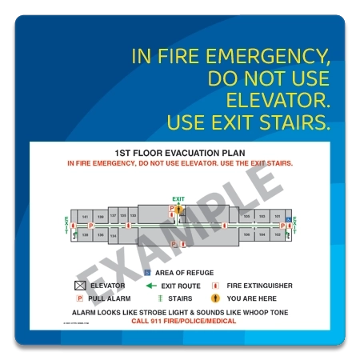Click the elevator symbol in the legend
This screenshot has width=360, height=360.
point(80,286)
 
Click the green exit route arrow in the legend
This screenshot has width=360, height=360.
point(151,286)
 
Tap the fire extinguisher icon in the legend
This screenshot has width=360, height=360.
point(214,286)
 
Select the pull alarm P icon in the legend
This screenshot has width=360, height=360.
point(80,298)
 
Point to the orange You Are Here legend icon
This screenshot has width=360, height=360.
point(214,298)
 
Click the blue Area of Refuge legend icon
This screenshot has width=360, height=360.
point(147,273)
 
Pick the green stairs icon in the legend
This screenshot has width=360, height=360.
point(151,298)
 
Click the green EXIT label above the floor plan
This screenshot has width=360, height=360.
point(178,198)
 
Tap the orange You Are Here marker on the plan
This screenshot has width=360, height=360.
point(179,210)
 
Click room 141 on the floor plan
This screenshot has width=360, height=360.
point(85,217)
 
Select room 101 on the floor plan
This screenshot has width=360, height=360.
point(277,216)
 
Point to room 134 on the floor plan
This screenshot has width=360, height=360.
point(113,236)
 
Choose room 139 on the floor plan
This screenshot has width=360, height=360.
point(99,217)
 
